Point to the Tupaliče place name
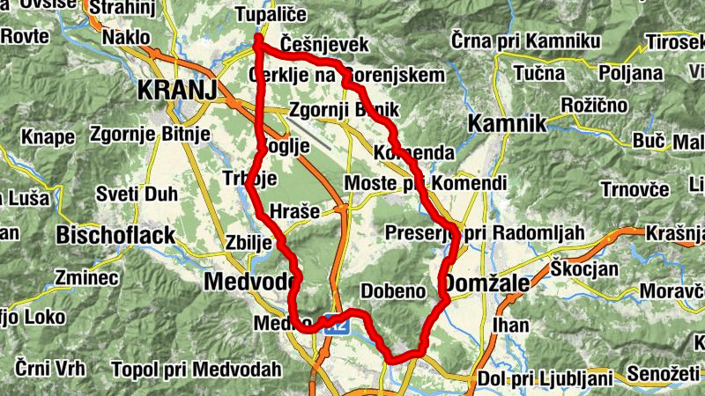click(x=271, y=15)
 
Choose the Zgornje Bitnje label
click(x=150, y=135)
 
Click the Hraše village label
click(x=299, y=211)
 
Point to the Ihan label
click(x=511, y=326)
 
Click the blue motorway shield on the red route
click(x=335, y=324)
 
